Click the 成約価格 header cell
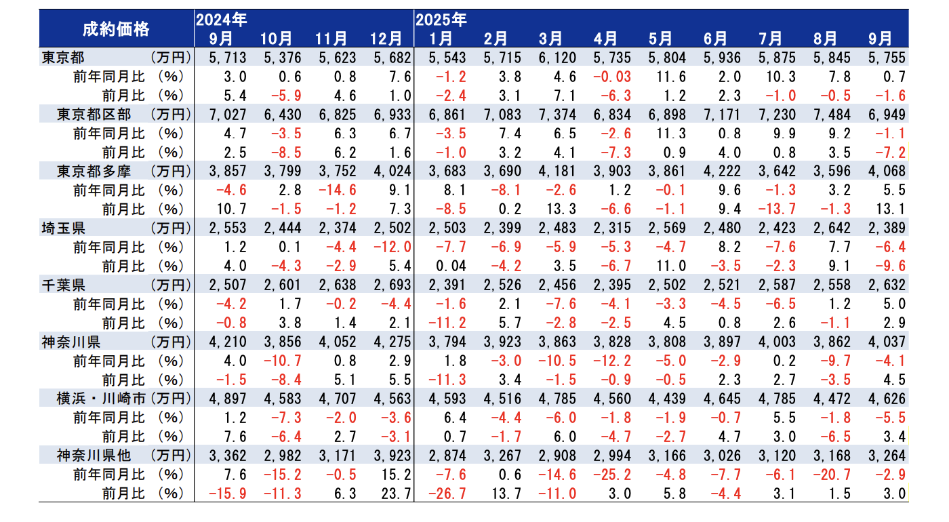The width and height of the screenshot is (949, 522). [116, 28]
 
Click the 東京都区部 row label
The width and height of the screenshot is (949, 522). [94, 114]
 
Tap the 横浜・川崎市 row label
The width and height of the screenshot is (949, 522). [101, 399]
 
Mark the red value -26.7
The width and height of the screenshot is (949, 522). [441, 494]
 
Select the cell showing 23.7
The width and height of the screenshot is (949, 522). [395, 494]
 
